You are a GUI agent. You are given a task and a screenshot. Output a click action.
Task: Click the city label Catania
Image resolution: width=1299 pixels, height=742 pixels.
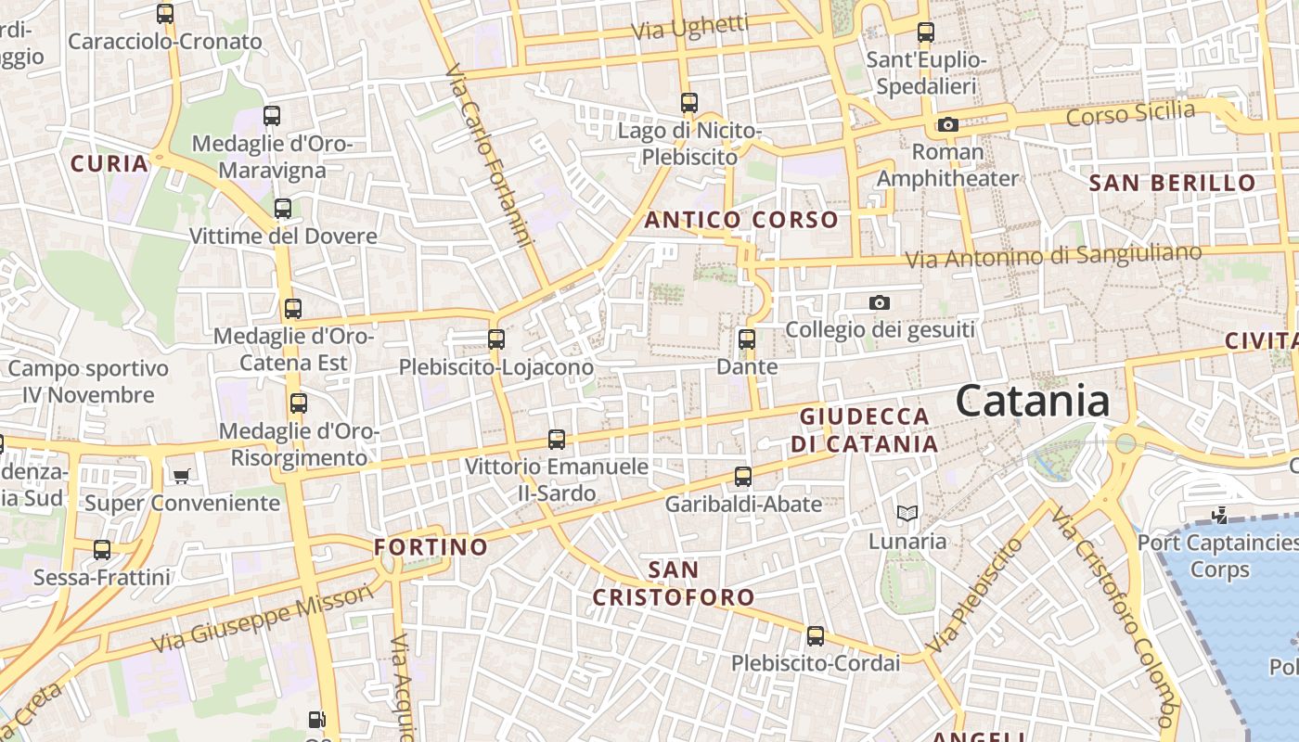(1032, 401)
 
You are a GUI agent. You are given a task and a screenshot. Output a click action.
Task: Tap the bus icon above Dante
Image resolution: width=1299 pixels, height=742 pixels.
(747, 339)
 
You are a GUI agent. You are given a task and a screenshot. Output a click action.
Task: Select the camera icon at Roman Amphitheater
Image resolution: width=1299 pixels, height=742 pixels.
(947, 124)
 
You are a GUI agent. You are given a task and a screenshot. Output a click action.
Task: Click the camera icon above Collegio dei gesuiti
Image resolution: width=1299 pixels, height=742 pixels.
(879, 302)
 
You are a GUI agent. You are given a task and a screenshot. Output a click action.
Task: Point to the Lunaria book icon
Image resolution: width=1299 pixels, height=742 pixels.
(907, 513)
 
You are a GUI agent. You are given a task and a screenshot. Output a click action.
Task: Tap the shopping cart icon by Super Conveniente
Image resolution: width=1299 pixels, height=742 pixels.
(181, 476)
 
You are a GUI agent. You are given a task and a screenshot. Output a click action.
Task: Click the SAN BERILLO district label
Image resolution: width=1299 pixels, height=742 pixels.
(1172, 183)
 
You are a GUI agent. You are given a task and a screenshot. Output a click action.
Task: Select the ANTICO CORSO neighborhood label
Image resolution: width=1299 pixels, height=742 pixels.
(741, 220)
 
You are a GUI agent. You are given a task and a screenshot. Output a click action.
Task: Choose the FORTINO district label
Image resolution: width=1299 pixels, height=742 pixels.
(431, 546)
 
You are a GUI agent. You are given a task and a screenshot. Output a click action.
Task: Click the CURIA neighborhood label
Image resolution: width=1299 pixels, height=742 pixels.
(109, 164)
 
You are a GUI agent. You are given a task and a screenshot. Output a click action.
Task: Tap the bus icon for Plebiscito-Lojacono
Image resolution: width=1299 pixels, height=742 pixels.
(496, 339)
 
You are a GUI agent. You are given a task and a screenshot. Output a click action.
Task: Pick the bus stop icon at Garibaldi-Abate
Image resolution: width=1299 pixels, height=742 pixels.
(743, 477)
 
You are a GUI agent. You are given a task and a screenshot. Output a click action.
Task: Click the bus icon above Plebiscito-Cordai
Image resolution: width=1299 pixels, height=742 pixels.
(816, 636)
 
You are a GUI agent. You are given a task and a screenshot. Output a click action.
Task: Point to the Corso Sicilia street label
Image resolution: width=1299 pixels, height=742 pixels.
(1130, 114)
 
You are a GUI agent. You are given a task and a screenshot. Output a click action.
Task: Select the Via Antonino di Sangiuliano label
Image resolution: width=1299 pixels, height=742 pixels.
(1053, 255)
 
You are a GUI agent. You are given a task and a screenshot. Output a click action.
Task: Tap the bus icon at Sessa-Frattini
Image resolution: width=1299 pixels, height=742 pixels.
(102, 550)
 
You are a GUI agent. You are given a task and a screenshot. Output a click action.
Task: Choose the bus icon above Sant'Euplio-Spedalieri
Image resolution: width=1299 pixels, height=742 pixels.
(925, 32)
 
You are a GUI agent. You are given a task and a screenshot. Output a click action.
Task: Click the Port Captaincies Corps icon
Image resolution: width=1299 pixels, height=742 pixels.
(1219, 515)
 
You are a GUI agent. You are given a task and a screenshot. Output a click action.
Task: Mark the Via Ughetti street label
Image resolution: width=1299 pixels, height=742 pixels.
(689, 28)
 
